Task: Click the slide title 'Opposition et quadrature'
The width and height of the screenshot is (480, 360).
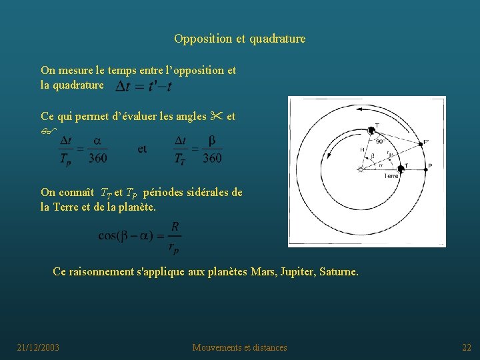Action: [240, 39]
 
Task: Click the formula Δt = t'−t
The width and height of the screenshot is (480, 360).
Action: [144, 87]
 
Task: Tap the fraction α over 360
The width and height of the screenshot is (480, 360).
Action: [97, 149]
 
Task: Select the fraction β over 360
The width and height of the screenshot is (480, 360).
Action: [212, 149]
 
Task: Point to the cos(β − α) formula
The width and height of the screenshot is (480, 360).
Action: [139, 237]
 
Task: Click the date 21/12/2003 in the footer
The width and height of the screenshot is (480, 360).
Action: [38, 347]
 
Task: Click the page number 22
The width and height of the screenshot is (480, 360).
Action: [467, 347]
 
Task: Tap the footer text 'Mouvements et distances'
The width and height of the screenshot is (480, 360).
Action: [240, 347]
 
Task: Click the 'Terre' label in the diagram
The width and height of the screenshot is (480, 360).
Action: [391, 176]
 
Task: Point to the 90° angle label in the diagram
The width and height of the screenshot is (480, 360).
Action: [379, 141]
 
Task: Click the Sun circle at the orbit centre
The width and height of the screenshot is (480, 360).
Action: [361, 170]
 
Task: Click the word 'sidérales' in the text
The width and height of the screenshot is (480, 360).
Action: [201, 193]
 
